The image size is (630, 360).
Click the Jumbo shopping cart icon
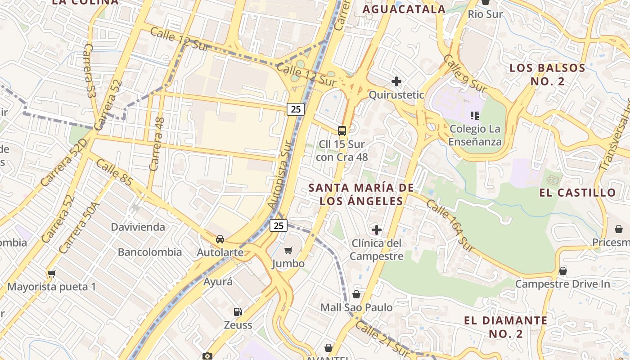point(288,250)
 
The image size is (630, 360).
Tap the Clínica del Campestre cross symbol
point(377,230)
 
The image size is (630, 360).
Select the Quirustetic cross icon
point(396,81)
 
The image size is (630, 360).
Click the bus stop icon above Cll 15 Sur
point(342,131)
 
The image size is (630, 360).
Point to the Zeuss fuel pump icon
point(238,311)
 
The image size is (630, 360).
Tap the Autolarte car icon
point(220,239)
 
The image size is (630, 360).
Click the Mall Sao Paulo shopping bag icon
point(356,294)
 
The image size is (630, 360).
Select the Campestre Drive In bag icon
point(562,271)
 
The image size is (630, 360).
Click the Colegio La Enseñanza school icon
point(474,116)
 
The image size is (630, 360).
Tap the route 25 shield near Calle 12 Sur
point(296,109)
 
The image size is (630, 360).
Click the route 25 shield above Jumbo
point(279,225)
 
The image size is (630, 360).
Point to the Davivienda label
point(138,227)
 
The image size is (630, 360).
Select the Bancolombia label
point(150,252)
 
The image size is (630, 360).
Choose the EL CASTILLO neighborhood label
point(578,193)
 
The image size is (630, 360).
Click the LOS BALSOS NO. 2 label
point(547,75)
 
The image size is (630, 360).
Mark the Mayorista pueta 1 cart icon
point(51,274)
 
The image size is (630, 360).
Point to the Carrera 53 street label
point(90,71)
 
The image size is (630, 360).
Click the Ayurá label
point(218,282)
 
